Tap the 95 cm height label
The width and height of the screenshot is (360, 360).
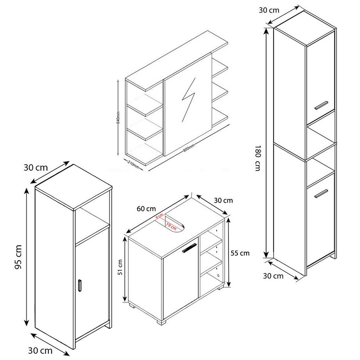coord(17,257)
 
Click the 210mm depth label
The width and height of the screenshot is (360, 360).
coord(133,165)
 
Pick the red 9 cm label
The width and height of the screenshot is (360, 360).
coord(159,218)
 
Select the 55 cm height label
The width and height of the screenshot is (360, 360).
coord(240,253)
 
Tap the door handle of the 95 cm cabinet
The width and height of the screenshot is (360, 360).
coord(79,286)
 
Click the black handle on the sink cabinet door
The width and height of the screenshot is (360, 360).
coord(189,248)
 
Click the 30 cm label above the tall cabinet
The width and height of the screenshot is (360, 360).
coord(269,10)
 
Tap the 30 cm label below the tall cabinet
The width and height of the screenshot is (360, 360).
coord(273,276)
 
